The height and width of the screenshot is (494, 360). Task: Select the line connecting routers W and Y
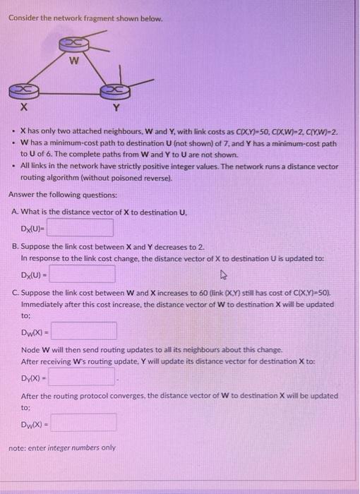[92, 68]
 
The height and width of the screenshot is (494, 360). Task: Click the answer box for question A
[80, 227]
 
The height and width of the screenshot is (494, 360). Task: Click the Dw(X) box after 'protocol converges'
[83, 422]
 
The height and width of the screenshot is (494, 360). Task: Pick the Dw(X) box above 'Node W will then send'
[83, 331]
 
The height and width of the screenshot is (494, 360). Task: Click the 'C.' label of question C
[16, 291]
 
